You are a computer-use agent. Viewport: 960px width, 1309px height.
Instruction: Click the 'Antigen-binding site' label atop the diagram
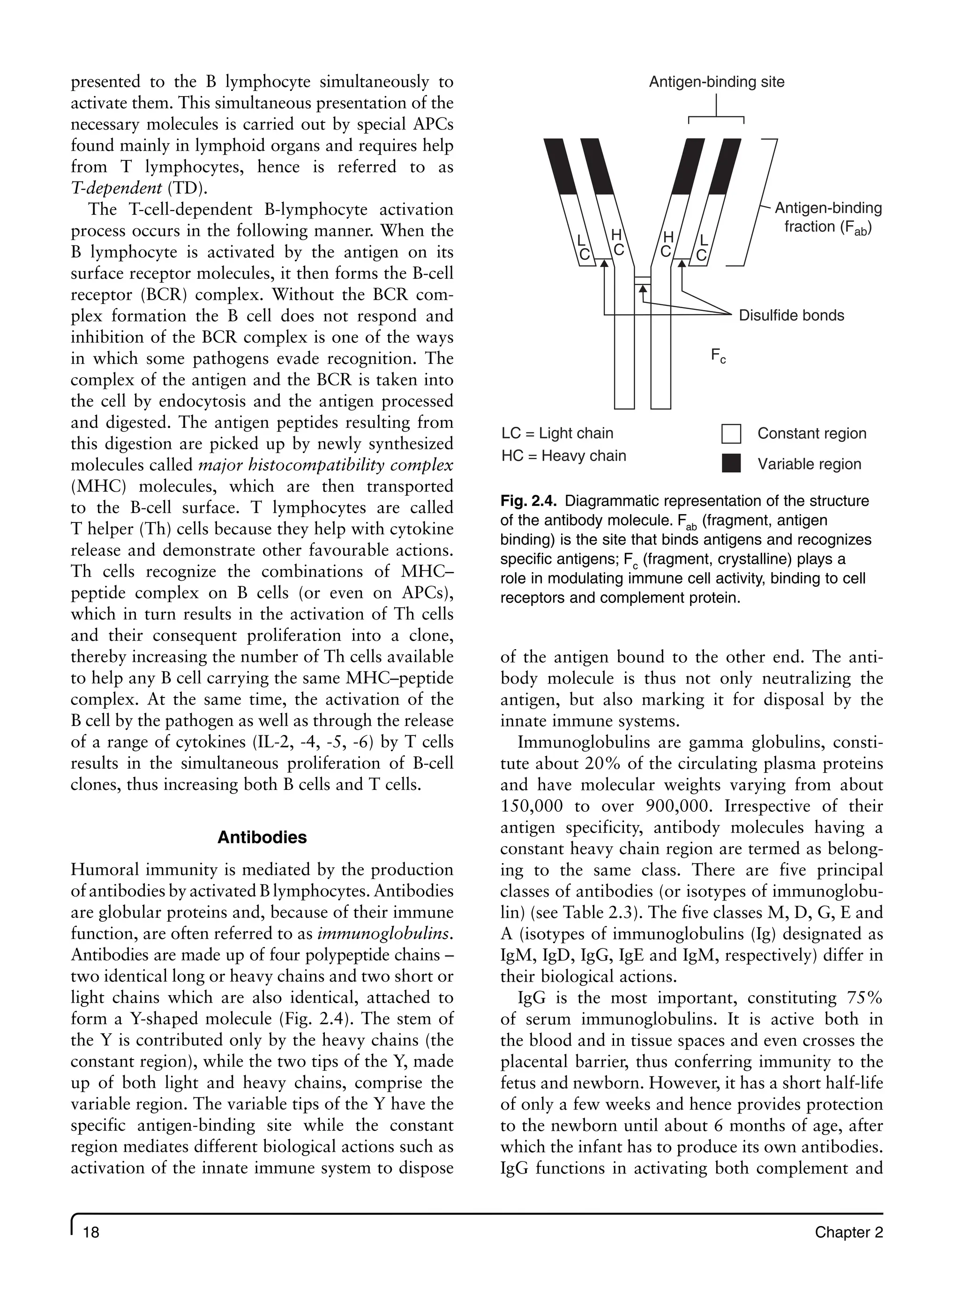click(716, 82)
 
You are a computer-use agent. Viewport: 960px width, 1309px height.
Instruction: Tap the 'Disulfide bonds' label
click(791, 316)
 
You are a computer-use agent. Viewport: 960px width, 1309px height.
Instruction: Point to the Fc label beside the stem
click(718, 355)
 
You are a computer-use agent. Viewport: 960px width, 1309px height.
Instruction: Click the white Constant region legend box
click(731, 434)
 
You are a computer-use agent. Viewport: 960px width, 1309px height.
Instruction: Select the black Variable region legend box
click(731, 464)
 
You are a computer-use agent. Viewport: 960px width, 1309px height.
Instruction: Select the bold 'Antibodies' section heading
click(262, 838)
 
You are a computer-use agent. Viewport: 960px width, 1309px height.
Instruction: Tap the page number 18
click(91, 1232)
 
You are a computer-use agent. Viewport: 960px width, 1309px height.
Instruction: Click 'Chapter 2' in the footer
click(848, 1232)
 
